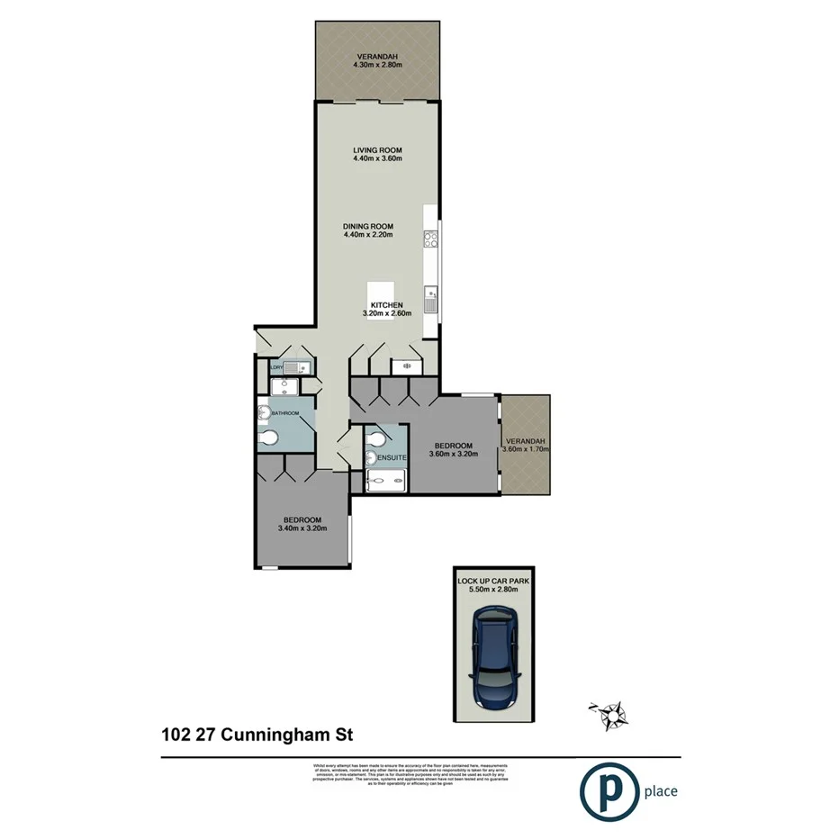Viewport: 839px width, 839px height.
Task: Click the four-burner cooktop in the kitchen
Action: click(430, 240)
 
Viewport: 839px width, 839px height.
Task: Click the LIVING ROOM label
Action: click(377, 150)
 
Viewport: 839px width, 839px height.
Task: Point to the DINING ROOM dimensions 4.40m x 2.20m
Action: click(368, 236)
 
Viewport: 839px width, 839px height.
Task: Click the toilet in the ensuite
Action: click(377, 439)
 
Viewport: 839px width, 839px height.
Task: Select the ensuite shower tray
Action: click(387, 481)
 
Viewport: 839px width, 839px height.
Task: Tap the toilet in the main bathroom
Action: click(268, 438)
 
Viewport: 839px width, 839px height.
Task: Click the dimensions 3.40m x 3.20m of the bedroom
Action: click(302, 529)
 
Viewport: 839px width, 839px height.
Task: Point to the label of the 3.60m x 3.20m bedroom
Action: click(453, 446)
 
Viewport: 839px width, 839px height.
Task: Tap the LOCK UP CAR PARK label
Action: click(492, 582)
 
